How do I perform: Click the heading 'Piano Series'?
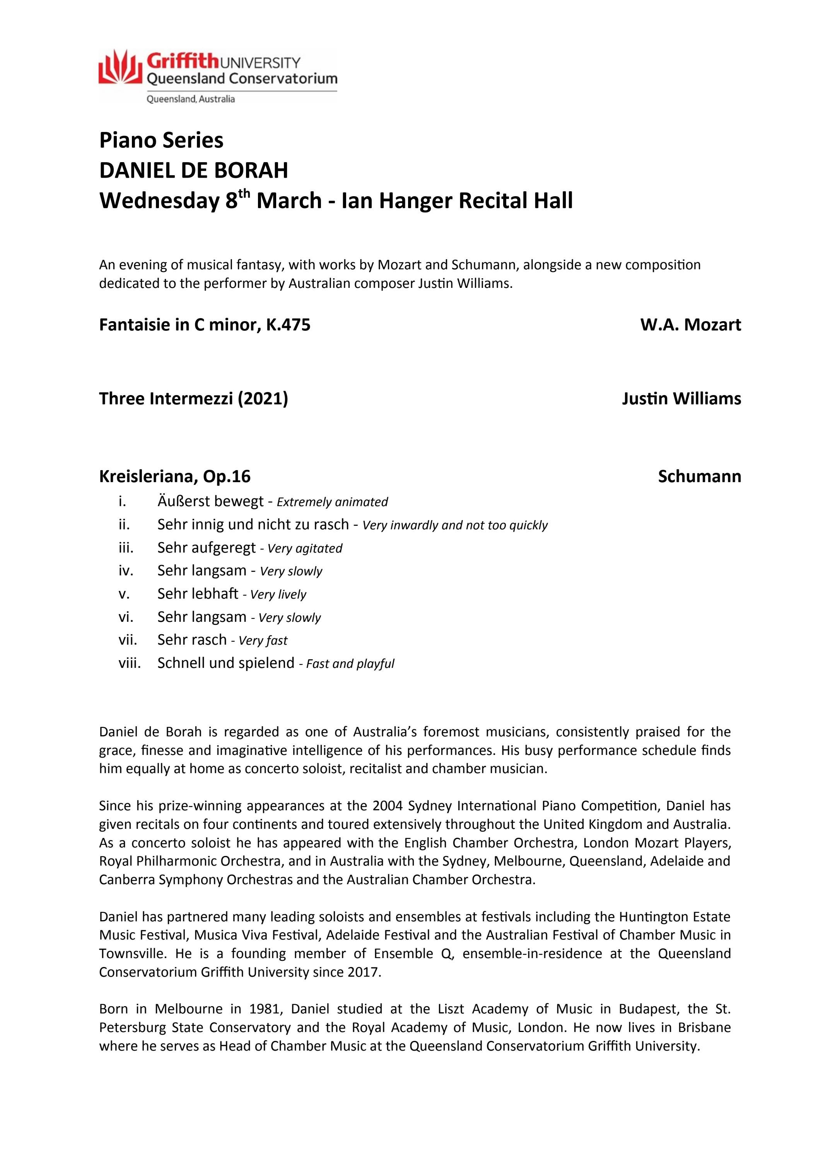161,140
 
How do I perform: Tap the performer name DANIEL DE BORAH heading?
193,170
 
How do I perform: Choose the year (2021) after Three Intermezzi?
263,399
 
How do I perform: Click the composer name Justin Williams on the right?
681,399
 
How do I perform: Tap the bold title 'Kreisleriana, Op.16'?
175,476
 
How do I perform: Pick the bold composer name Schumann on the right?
699,476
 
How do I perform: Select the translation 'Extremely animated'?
333,502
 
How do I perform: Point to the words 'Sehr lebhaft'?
198,594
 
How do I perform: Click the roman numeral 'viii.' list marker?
130,662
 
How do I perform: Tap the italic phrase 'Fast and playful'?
350,664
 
